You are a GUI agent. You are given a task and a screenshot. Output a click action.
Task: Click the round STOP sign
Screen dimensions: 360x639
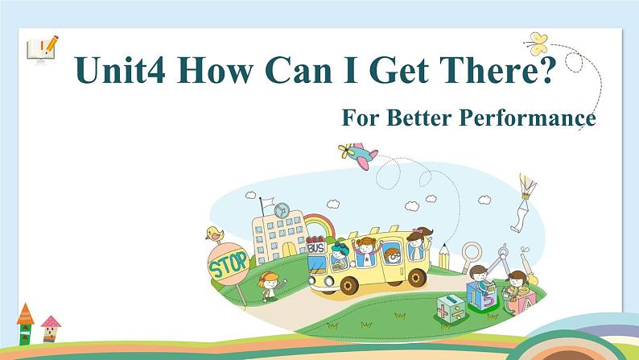[228, 265]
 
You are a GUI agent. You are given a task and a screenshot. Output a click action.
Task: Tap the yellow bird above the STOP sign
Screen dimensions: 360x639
[214, 234]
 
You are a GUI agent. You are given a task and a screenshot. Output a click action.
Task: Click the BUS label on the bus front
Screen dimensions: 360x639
[316, 249]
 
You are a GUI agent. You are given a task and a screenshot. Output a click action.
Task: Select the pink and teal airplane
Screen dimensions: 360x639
[358, 155]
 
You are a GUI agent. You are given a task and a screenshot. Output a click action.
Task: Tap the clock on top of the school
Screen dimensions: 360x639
[281, 211]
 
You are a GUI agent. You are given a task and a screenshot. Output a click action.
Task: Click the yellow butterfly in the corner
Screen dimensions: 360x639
[537, 42]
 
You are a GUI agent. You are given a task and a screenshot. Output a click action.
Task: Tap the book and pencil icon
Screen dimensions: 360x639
[42, 49]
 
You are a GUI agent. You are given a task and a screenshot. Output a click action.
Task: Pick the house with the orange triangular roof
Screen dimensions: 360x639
[25, 321]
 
